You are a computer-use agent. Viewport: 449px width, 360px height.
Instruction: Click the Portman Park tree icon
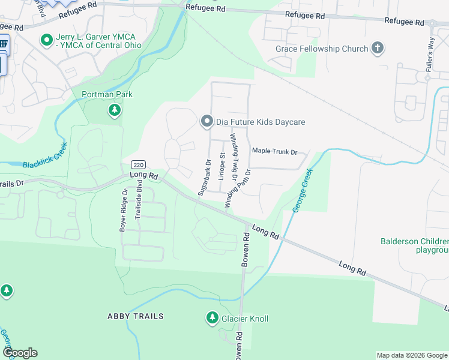click(x=115, y=110)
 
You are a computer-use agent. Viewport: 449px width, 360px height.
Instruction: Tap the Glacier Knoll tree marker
click(x=212, y=319)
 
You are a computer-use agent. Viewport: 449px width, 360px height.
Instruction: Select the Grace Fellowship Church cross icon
click(x=378, y=49)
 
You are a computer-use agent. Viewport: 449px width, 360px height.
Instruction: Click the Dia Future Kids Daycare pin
click(x=207, y=122)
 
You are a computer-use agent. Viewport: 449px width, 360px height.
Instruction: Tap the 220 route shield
click(x=137, y=165)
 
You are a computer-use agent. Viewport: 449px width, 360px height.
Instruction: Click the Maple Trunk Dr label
click(x=275, y=152)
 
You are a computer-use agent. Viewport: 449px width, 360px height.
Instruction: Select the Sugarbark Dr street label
click(x=204, y=178)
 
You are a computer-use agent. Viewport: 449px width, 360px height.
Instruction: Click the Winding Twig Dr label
click(x=235, y=155)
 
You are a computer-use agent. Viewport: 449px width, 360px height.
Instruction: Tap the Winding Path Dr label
click(x=238, y=188)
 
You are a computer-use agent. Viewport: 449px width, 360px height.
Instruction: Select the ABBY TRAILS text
click(x=135, y=316)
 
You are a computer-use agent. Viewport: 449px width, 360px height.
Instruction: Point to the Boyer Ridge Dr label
click(x=124, y=211)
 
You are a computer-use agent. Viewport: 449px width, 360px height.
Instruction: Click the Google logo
click(x=20, y=353)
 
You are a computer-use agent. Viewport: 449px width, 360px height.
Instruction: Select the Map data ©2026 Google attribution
click(x=411, y=355)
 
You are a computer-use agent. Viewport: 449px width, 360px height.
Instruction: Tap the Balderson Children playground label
click(x=415, y=246)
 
